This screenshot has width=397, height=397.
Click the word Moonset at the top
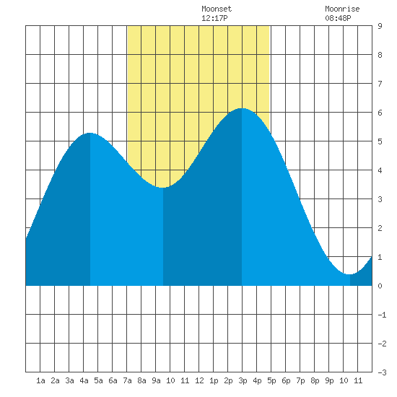tap(217, 9)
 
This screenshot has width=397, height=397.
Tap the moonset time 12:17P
tap(214, 18)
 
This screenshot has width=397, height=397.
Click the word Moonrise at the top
tap(342, 9)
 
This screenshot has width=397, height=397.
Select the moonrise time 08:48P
tap(338, 18)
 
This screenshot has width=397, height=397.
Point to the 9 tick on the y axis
tap(380, 26)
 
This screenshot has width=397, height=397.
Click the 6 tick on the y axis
tap(380, 113)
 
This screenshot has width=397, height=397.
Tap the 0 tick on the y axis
tap(380, 286)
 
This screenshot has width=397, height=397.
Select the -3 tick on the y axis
tap(382, 372)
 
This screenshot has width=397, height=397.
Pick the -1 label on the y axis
tap(382, 315)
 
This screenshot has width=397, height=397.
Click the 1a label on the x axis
tap(40, 380)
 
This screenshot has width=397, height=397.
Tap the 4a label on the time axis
tap(84, 380)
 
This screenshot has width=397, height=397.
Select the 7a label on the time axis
tap(127, 380)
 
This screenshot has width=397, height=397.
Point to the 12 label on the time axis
tap(199, 380)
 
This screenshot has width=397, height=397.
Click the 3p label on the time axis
tap(243, 380)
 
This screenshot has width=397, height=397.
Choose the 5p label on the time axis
tap(271, 380)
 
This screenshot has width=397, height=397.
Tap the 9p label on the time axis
tap(329, 380)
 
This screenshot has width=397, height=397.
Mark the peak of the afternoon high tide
tap(242, 108)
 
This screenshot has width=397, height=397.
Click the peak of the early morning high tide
tap(90, 133)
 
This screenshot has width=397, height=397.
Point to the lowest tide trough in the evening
tap(350, 274)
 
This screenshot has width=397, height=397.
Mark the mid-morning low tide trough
tap(163, 188)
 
